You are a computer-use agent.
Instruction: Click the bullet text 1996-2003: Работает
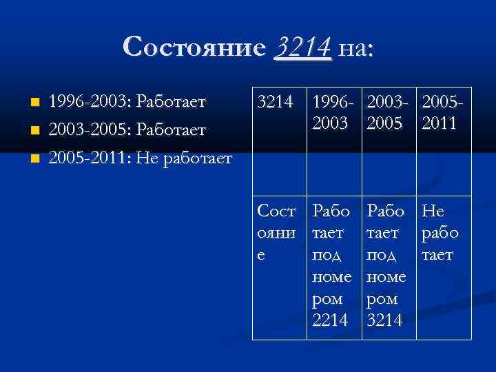coord(127,103)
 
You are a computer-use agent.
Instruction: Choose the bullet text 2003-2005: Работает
coord(127,130)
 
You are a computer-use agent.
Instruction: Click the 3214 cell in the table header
coord(275,103)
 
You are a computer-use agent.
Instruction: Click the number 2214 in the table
coord(332,321)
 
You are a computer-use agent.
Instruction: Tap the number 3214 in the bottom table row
coord(387,321)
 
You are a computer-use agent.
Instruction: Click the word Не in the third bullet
coord(146,158)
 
